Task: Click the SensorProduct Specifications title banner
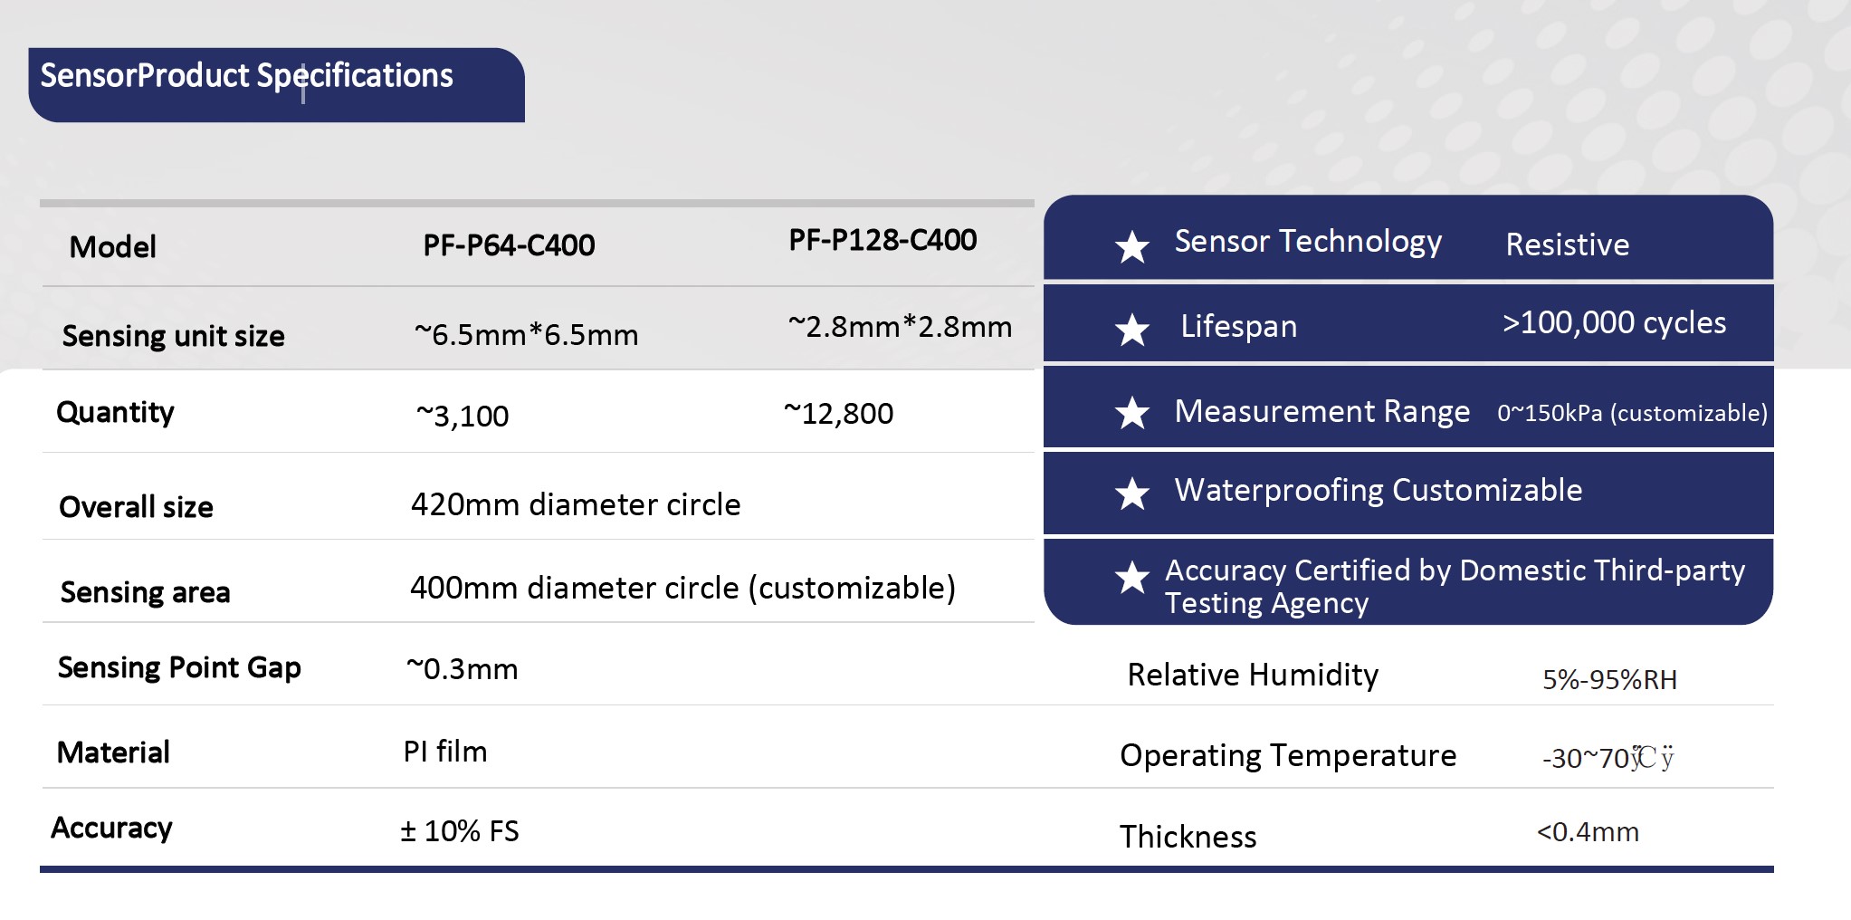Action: click(276, 84)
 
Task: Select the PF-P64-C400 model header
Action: click(509, 245)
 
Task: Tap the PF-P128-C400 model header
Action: click(883, 240)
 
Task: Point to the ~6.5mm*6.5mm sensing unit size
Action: click(526, 334)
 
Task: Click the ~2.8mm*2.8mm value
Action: click(900, 326)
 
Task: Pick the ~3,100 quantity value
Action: click(463, 416)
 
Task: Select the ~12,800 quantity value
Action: click(838, 413)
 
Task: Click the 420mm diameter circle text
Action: click(576, 504)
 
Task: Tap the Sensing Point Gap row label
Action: click(179, 668)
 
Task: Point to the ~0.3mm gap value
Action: click(463, 668)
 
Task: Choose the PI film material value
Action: click(445, 752)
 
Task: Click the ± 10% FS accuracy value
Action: click(460, 831)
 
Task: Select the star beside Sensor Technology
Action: click(1131, 246)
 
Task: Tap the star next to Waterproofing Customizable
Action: click(1131, 494)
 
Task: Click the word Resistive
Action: click(1568, 244)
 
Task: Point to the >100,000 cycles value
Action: click(1614, 322)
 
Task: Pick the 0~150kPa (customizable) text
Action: click(1632, 413)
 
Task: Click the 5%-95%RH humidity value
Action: click(1609, 679)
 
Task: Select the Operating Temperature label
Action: click(1288, 756)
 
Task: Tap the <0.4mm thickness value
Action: click(1588, 831)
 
